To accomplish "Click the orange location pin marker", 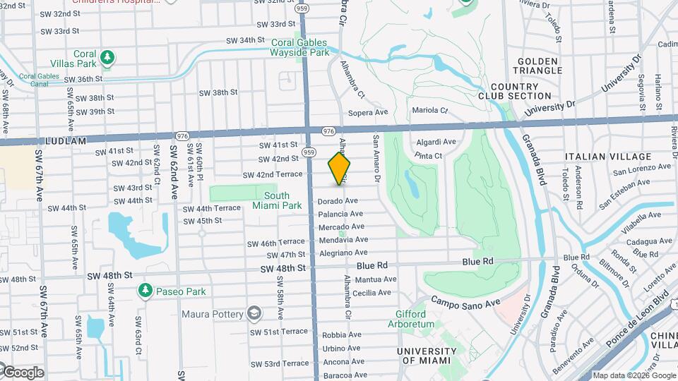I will pos(340,168).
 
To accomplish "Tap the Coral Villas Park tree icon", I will pos(107,56).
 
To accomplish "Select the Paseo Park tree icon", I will pos(145,290).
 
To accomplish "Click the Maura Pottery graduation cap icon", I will pos(252,313).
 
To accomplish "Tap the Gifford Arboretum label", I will pos(410,319).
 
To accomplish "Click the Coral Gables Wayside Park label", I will pos(300,47).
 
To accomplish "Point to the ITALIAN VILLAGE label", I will pos(608,157).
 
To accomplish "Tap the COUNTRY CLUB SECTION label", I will pos(514,91).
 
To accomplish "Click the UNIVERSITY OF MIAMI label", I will pos(426,356).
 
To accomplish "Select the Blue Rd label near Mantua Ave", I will pos(372,266).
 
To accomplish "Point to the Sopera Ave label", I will pos(368,112).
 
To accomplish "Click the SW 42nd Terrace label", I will pos(273,174).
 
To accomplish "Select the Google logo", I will pos(23,372).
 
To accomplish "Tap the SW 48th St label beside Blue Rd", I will pos(282,268).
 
